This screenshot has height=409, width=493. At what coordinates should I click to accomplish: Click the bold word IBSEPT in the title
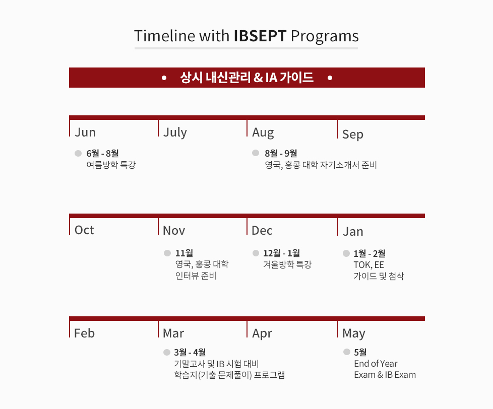point(260,36)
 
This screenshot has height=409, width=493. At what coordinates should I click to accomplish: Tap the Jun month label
point(85,132)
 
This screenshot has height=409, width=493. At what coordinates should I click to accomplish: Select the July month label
point(175,132)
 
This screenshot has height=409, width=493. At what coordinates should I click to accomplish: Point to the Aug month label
point(263,133)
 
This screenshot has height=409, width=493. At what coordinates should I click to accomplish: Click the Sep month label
point(353,134)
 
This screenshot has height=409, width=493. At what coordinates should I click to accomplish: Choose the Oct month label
point(84,230)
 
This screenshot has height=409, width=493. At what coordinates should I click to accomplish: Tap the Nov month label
point(174,231)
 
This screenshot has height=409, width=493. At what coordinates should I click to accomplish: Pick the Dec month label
point(262,231)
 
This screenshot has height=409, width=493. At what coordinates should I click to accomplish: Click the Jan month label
point(353,232)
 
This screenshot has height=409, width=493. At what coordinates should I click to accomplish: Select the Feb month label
point(84,333)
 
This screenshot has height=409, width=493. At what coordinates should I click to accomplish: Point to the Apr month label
point(262,333)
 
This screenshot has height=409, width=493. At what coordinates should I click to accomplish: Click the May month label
point(354,333)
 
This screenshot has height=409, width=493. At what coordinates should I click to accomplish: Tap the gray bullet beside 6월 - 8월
point(78,153)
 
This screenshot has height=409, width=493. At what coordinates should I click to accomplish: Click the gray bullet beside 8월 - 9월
point(256,153)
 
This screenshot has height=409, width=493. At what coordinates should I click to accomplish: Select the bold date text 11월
point(184,253)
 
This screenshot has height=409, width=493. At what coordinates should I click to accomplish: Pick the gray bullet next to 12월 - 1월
point(256,253)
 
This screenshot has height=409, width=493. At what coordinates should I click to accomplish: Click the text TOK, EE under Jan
point(369,265)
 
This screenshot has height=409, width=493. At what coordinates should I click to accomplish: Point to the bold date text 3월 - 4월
point(190,352)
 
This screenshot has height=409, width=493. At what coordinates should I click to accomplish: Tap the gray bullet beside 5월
point(347,352)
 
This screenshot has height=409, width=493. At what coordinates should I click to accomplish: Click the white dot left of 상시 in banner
point(164,78)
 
